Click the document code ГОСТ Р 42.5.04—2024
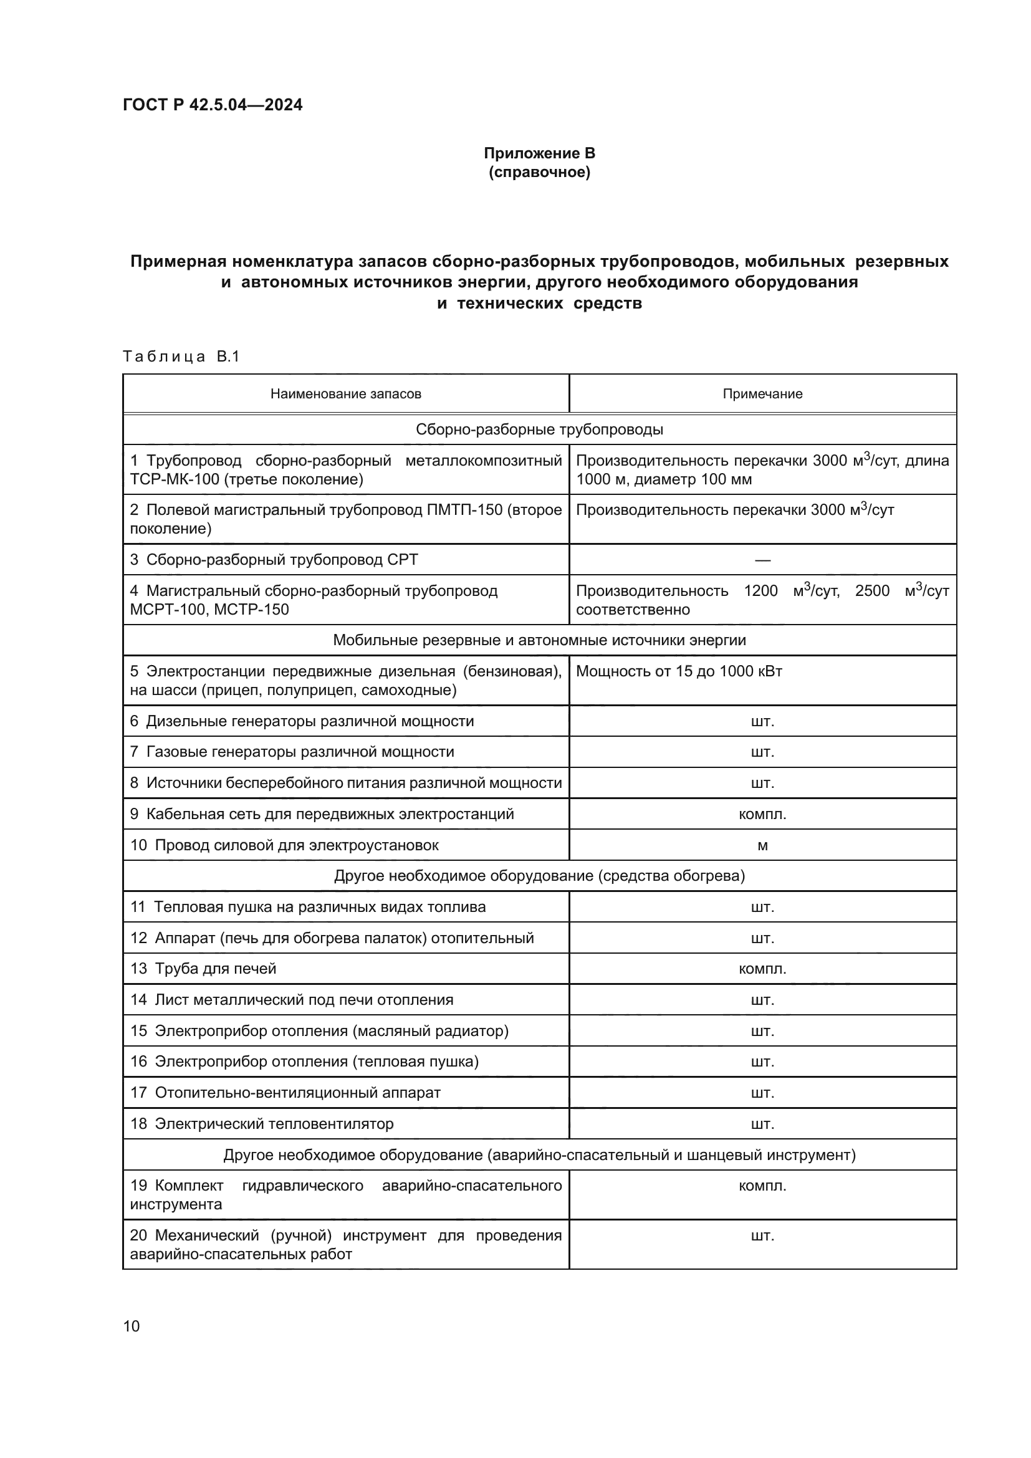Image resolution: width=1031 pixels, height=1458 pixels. pos(212,105)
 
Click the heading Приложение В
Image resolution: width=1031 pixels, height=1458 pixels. pos(539,153)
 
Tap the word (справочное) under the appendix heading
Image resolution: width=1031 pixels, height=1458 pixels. pos(539,173)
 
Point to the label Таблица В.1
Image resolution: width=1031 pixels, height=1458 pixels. pos(181,357)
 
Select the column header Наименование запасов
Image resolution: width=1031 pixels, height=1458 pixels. pos(345,394)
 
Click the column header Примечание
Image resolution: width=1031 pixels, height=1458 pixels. pos(762,394)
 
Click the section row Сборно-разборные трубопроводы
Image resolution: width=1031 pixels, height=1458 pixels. pos(539,429)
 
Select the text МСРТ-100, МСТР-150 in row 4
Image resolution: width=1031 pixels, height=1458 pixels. pos(209,610)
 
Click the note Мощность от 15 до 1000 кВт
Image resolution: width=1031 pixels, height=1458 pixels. pos(679,671)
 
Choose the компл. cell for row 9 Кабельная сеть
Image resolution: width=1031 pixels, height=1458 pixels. pos(762,814)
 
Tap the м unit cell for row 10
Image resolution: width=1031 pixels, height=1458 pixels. pos(762,846)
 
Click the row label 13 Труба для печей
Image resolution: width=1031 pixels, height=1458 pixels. pos(203,969)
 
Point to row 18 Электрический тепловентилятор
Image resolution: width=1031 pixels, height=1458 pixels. pos(262,1124)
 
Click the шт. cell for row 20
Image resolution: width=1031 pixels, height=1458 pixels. pos(762,1235)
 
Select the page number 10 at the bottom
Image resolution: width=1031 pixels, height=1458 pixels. pos(132,1326)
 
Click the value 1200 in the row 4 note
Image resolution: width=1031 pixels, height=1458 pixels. pos(760,591)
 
